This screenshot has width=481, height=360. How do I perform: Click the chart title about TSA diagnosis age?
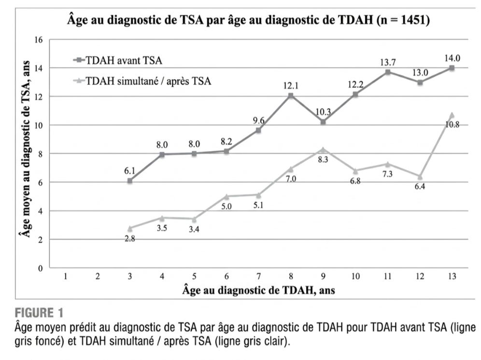coord(249,20)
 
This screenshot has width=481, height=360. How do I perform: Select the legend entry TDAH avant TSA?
coord(118,60)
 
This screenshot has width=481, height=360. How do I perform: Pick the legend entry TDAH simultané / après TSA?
coord(142,81)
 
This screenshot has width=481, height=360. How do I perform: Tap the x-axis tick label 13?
coord(452,277)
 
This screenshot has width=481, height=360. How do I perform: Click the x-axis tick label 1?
coord(65,277)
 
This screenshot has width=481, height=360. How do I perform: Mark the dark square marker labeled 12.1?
coord(291,96)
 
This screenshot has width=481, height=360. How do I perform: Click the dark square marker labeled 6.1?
coord(130,181)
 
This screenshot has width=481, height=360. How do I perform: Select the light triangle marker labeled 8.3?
coord(323,150)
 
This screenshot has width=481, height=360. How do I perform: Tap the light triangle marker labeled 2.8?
coord(130,228)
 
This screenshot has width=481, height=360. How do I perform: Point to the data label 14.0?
coord(452,58)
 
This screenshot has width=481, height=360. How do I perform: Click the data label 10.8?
coord(452,125)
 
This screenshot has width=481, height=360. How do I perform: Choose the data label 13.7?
coord(388,63)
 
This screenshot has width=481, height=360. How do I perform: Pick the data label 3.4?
coord(194,229)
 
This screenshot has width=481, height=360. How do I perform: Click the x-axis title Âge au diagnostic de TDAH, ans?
coord(258,290)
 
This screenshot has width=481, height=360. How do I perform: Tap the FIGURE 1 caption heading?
coord(39,313)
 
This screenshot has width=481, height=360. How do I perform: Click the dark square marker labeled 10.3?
coord(323,122)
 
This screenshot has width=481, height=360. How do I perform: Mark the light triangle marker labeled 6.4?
coord(420,177)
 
